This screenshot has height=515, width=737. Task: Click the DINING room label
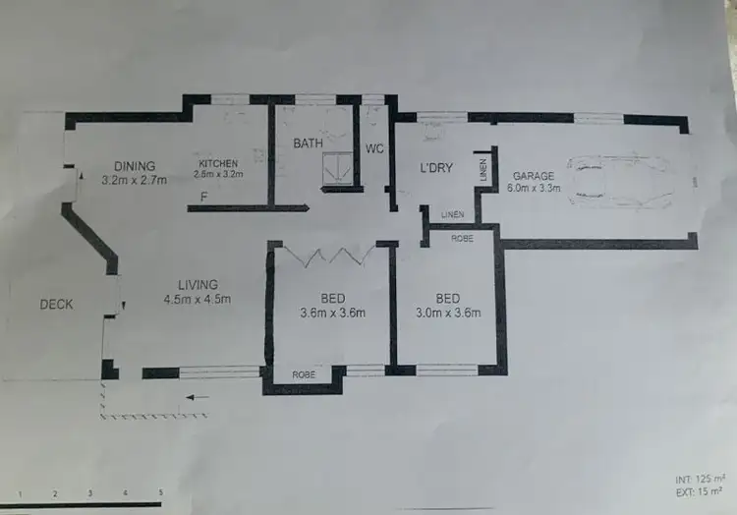click(x=134, y=165)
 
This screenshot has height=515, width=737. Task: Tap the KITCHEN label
click(x=218, y=163)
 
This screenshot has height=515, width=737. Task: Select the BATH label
click(x=309, y=143)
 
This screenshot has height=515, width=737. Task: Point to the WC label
click(x=374, y=149)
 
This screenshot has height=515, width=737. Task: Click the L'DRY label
click(x=436, y=168)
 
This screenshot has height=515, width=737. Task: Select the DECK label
click(x=56, y=305)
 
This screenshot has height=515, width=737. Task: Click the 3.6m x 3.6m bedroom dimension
click(x=332, y=314)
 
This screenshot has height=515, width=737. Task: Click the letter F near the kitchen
click(x=203, y=197)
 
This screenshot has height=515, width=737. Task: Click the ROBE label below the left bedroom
click(x=304, y=375)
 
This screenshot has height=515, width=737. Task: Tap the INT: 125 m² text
click(x=698, y=479)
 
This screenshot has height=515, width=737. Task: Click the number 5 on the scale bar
click(x=160, y=491)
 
